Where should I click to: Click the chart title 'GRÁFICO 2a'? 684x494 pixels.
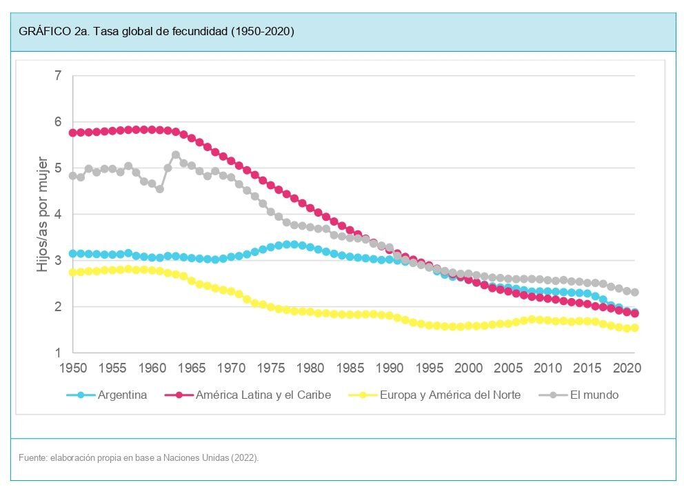[157, 32]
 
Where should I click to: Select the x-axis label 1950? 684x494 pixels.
[73, 368]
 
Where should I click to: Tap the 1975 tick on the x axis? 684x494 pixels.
[271, 368]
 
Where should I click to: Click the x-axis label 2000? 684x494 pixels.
[469, 368]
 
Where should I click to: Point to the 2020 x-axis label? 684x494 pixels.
[627, 368]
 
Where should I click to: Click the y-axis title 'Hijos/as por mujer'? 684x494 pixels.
[43, 214]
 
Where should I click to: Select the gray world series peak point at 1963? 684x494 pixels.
[176, 155]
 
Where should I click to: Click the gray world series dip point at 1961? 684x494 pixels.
[160, 188]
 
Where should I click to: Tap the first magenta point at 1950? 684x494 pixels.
[73, 132]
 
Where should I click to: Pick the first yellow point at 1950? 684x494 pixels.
[73, 273]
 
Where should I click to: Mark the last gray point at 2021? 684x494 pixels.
[634, 292]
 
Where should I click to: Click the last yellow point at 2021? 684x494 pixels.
[634, 328]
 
